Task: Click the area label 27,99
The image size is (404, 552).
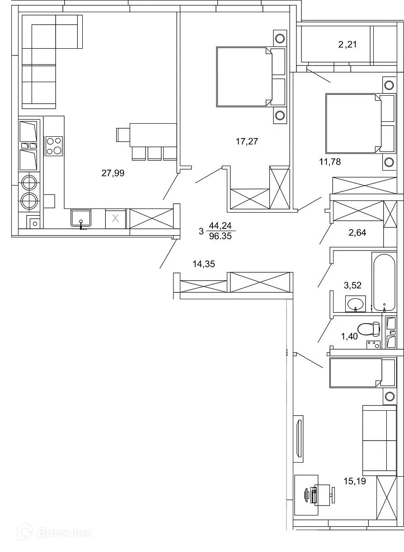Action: [113, 173]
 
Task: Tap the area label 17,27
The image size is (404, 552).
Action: [247, 141]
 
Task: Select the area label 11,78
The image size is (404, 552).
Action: [329, 162]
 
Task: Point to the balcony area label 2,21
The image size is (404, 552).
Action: [348, 44]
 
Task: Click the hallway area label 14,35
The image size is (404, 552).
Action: [203, 264]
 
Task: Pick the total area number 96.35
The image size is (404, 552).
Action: [221, 236]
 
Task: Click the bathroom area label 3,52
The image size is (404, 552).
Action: [352, 285]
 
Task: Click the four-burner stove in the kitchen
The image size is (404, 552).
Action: [54, 146]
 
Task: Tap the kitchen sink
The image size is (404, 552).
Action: [81, 218]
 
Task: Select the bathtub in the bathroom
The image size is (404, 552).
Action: [384, 282]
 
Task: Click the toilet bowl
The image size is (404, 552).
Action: [368, 329]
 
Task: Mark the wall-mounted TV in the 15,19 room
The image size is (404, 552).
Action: [298, 438]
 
